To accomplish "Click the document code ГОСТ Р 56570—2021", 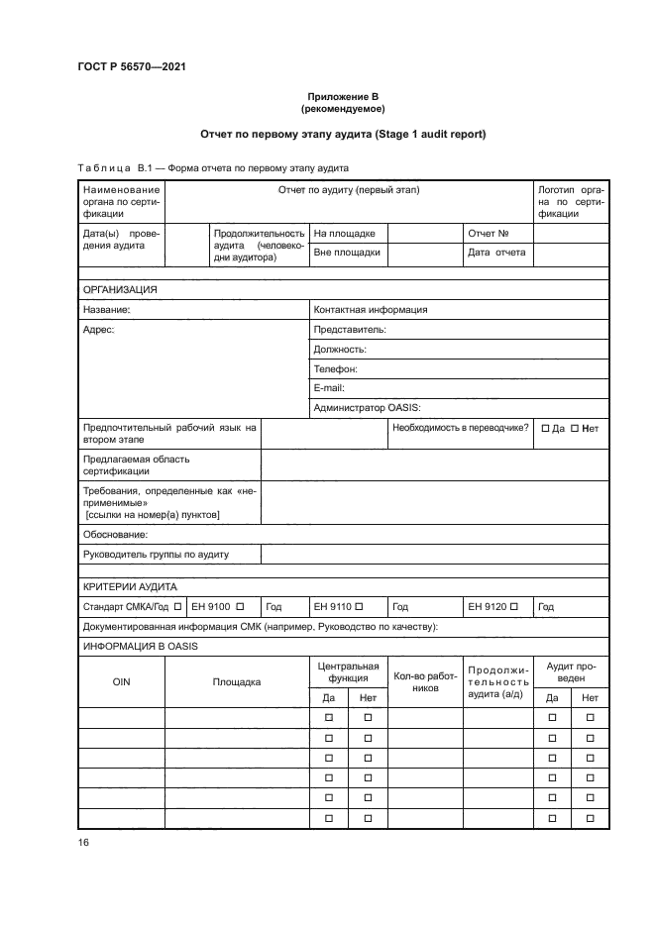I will pos(132,67).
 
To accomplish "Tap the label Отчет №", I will pos(488,234).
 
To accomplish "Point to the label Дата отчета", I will pos(496,253).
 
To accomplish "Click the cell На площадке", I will pos(344,234).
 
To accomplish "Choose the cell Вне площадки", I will pos(347,253).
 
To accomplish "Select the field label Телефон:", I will pos(335,368).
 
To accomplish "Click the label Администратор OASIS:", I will pos(368,407).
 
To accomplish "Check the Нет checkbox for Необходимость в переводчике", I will pos(577,429).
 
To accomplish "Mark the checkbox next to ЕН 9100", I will pos(240,606).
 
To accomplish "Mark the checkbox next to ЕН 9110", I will pos(360,606).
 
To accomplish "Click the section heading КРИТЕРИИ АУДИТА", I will pos(130,586).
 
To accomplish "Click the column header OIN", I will pos(121,681).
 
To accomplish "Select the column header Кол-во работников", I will pos(424,681).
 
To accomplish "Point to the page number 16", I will pos(84,842).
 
